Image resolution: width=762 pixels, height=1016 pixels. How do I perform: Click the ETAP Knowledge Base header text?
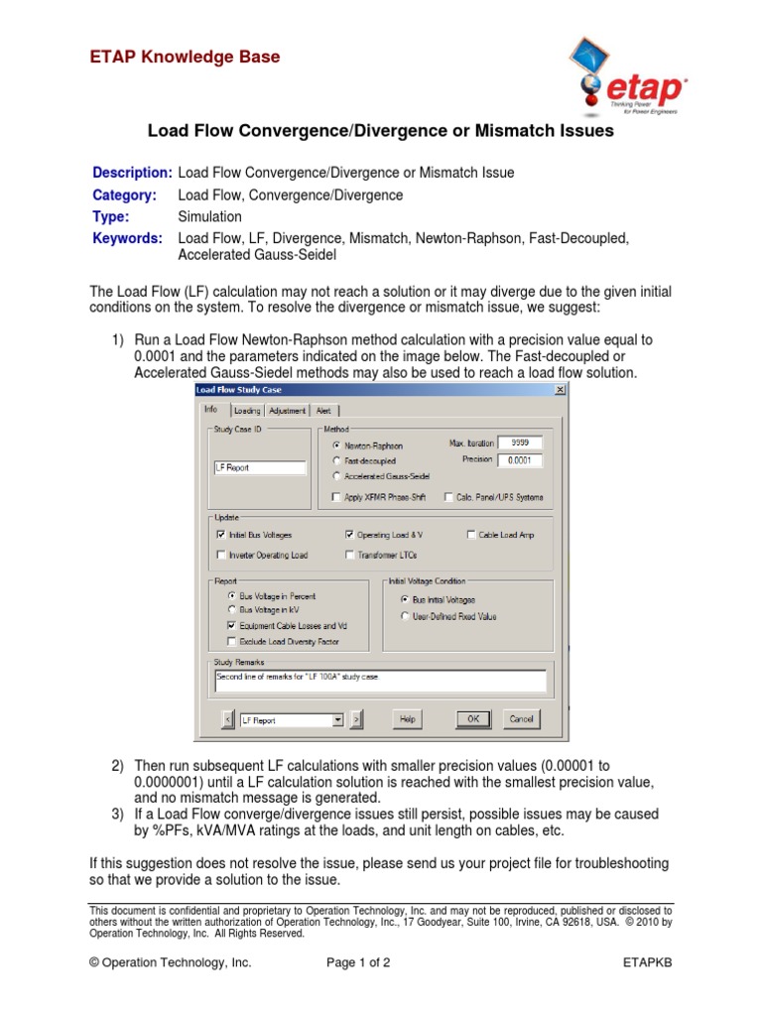point(186,58)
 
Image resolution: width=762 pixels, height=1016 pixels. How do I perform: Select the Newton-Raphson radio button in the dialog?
point(337,445)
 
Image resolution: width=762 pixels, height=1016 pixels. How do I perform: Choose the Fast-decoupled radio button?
point(337,461)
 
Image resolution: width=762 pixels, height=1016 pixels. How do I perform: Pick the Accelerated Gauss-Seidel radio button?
point(337,476)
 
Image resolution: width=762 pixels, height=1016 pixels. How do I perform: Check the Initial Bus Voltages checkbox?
point(220,535)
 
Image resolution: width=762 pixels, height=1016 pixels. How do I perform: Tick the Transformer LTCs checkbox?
point(350,556)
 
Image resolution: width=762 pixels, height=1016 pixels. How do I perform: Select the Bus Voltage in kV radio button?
point(232,610)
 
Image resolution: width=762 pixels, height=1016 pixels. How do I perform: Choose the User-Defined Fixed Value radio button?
point(404,616)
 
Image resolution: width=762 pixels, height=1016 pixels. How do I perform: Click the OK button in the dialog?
point(473,718)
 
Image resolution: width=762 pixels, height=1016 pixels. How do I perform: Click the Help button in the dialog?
point(407,718)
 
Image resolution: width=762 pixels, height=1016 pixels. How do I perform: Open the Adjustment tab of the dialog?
point(288,411)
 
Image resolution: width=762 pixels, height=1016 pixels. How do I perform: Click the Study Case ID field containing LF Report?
point(260,467)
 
